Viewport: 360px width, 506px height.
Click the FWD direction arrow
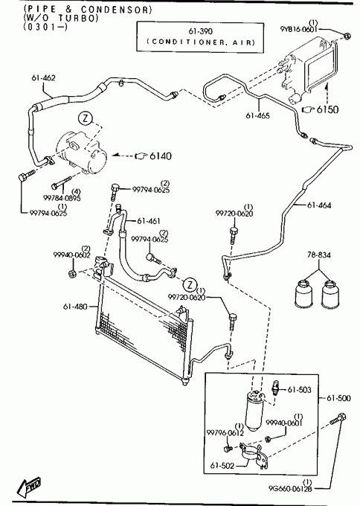click(28, 486)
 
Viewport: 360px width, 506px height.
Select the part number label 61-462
click(44, 78)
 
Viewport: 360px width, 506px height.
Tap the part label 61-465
click(258, 115)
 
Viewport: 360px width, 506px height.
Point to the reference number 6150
click(328, 109)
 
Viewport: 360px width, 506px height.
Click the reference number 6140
click(161, 156)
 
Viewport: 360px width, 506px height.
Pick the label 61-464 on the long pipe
click(319, 205)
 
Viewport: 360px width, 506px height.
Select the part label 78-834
click(318, 255)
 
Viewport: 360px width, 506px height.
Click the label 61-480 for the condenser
click(75, 307)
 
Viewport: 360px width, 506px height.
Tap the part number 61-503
click(299, 390)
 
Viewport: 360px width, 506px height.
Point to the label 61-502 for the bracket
click(222, 465)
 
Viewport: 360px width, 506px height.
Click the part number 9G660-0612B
click(290, 489)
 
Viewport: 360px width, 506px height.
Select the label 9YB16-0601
click(299, 29)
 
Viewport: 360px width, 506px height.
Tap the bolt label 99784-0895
click(62, 198)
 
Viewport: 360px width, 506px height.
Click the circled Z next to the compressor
click(86, 118)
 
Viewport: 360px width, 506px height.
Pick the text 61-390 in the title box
click(200, 31)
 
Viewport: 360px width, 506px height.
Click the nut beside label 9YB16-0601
click(347, 36)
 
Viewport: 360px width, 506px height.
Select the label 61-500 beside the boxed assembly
click(338, 398)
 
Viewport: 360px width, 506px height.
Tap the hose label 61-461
click(149, 221)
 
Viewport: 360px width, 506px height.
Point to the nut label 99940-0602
click(72, 255)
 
